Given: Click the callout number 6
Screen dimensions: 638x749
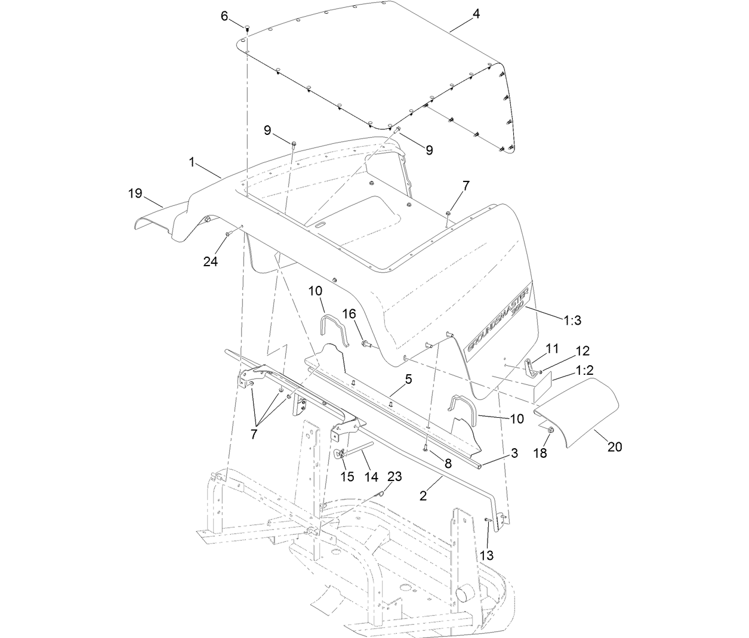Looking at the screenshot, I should pos(224,16).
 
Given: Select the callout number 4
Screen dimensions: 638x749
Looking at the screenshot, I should pos(476,14).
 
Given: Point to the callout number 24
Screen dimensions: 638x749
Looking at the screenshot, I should pos(211,261).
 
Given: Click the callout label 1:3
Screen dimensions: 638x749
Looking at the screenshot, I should pos(572,320).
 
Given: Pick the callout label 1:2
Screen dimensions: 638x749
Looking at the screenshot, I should pos(584,371).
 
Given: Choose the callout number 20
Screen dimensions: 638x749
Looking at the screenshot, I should pos(615,445).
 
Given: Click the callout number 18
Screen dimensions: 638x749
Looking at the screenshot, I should pos(540,454).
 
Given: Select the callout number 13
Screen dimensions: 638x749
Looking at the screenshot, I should pos(487,555).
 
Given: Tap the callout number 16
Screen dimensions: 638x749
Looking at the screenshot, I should pos(349,314).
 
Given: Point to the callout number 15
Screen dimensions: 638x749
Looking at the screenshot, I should pos(347,476).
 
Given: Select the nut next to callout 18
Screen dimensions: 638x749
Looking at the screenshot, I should pos(550,430).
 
